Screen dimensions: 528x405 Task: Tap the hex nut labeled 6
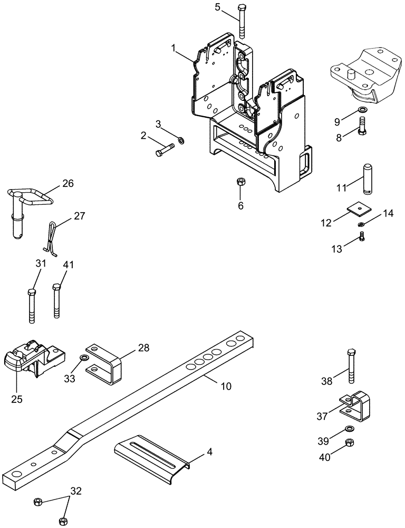[240, 182]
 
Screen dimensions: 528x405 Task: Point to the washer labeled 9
[362, 110]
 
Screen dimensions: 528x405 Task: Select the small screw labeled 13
[362, 237]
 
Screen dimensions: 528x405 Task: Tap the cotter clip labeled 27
[52, 237]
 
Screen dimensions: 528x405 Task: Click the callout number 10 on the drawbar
[225, 386]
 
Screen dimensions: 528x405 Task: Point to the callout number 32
[76, 491]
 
